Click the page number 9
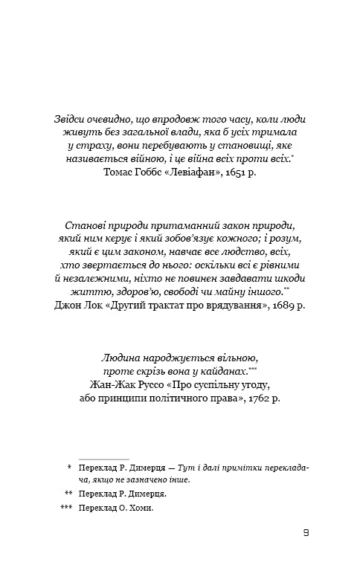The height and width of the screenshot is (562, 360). coord(307,533)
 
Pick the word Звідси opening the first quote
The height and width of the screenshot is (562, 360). coord(72,119)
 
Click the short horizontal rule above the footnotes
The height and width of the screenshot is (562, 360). coord(104,459)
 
